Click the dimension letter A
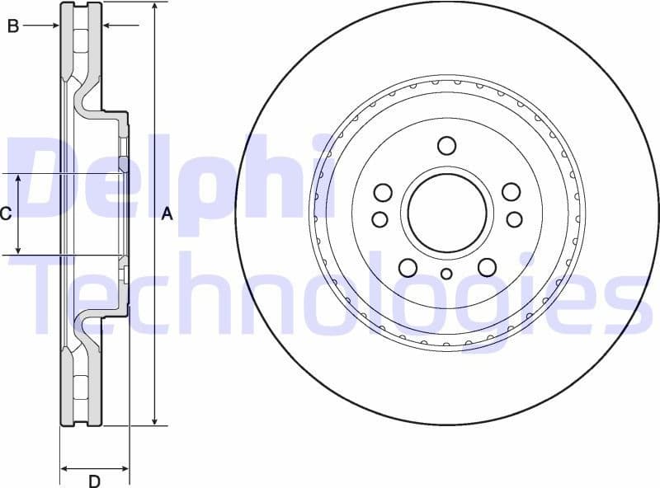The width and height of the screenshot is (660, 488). (x=167, y=214)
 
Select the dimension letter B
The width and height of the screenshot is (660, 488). (x=13, y=26)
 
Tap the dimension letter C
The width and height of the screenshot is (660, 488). (x=5, y=214)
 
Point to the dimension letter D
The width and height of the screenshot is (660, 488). (x=94, y=481)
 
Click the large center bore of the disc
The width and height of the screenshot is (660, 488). (x=446, y=213)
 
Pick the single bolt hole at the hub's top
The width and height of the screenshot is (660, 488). (x=446, y=146)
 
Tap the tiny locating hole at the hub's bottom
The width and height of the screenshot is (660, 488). (x=446, y=274)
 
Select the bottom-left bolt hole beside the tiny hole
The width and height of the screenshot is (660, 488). (x=408, y=267)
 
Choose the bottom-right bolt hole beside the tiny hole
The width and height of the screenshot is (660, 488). (x=487, y=267)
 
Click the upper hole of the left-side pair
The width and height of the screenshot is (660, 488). (x=382, y=193)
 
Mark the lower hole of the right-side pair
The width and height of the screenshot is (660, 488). (x=514, y=219)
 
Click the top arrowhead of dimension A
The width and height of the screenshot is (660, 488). (x=154, y=7)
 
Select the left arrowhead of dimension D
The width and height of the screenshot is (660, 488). (x=64, y=469)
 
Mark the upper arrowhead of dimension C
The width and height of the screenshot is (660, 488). (x=19, y=179)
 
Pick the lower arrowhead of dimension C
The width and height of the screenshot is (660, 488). (x=19, y=250)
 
